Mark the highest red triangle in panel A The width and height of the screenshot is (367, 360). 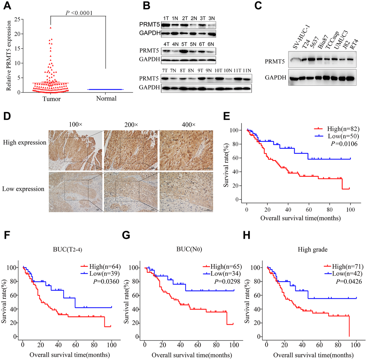(x=51, y=27)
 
